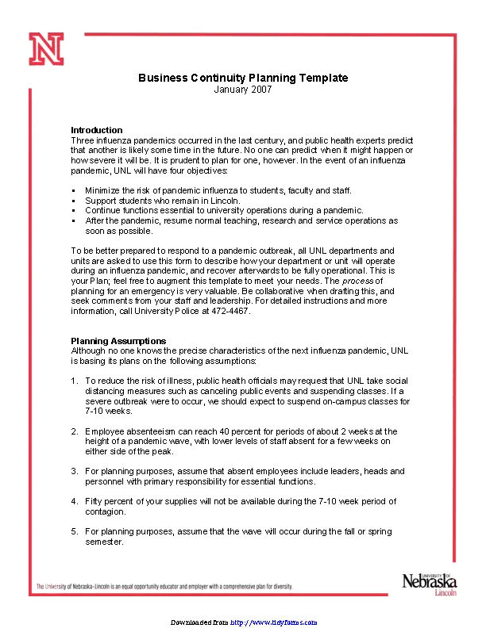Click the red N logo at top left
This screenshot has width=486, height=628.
coord(47,50)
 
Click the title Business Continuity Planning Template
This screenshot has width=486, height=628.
coord(243,78)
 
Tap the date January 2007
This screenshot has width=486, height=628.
coord(243,90)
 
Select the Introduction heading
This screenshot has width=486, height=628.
coord(97,130)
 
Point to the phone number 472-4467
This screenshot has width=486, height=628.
coord(233,312)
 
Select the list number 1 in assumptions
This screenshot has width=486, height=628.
coord(74,381)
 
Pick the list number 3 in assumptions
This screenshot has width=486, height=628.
coord(74,471)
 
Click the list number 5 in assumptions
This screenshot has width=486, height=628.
coord(74,531)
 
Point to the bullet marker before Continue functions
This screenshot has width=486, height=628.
coord(73,211)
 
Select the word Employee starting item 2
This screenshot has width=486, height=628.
coord(105,431)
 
